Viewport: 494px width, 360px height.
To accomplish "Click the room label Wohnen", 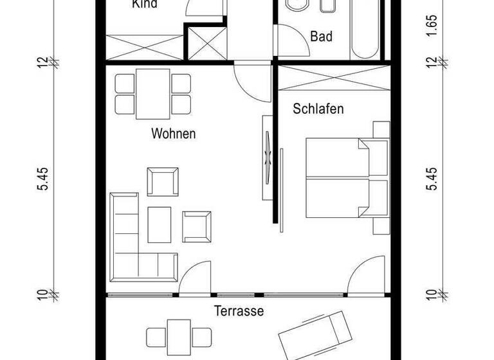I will pos(174,134).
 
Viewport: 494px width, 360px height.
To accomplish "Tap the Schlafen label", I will pos(318,109).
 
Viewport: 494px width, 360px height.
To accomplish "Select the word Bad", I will pos(321,37).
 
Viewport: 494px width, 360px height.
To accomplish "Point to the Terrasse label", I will pos(239,311).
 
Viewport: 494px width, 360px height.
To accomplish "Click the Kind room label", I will pos(145,4).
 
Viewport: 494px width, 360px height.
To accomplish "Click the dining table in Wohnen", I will pos(152,93).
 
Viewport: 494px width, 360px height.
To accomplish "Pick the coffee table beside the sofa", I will pos(160,222).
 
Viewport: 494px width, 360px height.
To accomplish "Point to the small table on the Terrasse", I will pos(179,334).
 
